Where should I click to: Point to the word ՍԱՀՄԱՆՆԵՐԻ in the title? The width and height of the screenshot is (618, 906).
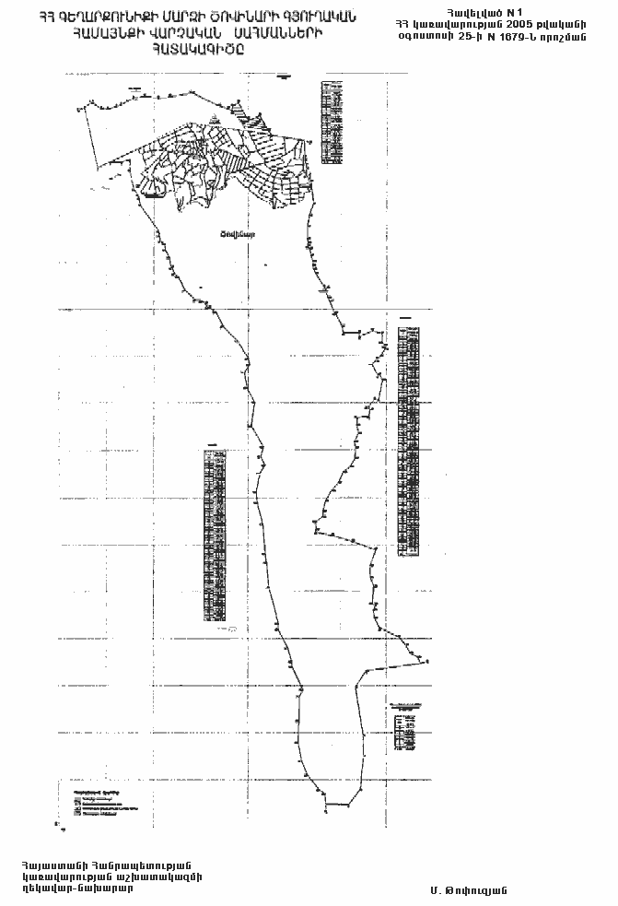pyautogui.click(x=286, y=33)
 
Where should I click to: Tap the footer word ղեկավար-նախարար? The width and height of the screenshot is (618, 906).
pyautogui.click(x=77, y=889)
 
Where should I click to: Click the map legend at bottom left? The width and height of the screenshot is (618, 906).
pyautogui.click(x=97, y=801)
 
